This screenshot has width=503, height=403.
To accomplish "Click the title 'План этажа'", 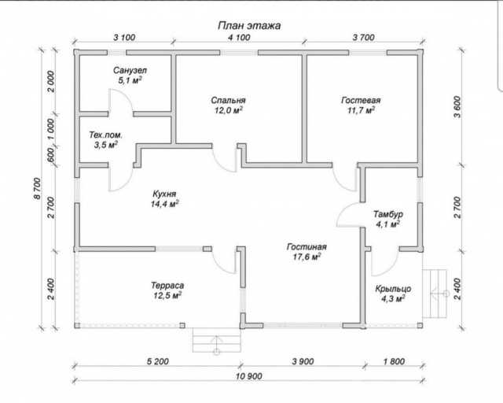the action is point(249,25).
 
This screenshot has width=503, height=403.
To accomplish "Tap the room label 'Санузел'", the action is point(130,70).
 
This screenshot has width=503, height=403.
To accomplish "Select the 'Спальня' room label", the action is point(228,100).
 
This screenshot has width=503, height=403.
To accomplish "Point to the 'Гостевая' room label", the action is point(361,100).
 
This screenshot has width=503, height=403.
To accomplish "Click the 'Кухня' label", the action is point(164,194).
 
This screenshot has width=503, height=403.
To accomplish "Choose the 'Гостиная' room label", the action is point(307,246).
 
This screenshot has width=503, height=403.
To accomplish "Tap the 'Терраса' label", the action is point(167,286).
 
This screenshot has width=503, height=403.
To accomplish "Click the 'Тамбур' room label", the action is point(388,214).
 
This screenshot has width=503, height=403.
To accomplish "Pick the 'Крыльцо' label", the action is point(393,289).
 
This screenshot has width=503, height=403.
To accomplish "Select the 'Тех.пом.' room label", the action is point(105,135).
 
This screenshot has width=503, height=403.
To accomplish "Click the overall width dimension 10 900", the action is point(249,375).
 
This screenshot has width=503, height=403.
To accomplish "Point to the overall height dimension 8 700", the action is point(38,188).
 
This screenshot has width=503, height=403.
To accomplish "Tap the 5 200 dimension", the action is point(157,361).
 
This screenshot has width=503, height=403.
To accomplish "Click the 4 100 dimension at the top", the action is point(239,37).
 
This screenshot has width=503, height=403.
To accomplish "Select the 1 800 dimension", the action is point(394,361).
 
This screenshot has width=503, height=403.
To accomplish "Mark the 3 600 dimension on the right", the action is point(457,107).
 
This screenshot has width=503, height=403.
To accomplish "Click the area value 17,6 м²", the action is point(307,257).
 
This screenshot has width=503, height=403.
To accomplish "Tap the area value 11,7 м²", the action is point(362,110).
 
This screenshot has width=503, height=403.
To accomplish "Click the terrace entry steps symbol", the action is point(217,340).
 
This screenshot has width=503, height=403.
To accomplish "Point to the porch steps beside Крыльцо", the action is point(435,294).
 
